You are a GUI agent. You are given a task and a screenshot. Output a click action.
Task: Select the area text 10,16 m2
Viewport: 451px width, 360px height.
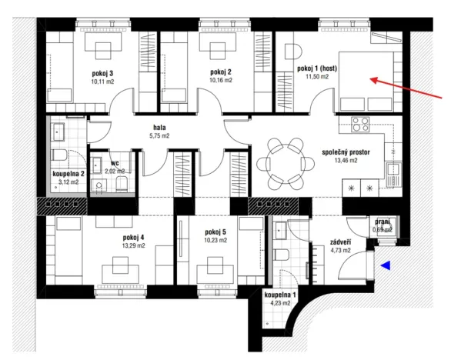(221, 80)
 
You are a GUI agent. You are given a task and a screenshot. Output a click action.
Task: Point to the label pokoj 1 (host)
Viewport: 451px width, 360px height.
(316, 68)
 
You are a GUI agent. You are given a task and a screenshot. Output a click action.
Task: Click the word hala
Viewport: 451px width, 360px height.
(159, 128)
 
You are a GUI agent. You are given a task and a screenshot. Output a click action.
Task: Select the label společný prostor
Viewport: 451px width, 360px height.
(346, 153)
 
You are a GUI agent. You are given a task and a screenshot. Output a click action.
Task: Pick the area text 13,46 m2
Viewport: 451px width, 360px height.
(346, 162)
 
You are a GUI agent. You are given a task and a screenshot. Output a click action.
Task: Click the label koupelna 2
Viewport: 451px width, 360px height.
(68, 175)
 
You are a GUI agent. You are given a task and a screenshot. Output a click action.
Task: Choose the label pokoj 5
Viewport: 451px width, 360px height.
(216, 232)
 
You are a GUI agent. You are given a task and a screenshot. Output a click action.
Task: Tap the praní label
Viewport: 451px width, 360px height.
(383, 222)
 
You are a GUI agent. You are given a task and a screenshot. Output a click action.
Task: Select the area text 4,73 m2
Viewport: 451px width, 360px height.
(340, 250)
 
